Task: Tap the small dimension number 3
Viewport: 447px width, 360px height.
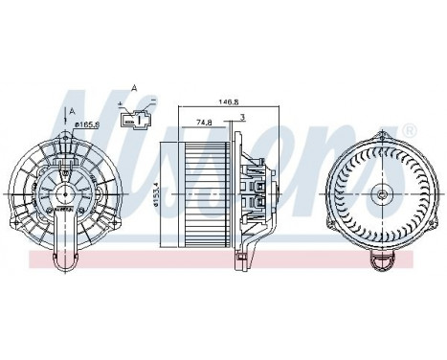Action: point(244,118)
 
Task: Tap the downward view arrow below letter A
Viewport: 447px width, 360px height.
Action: point(72,124)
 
